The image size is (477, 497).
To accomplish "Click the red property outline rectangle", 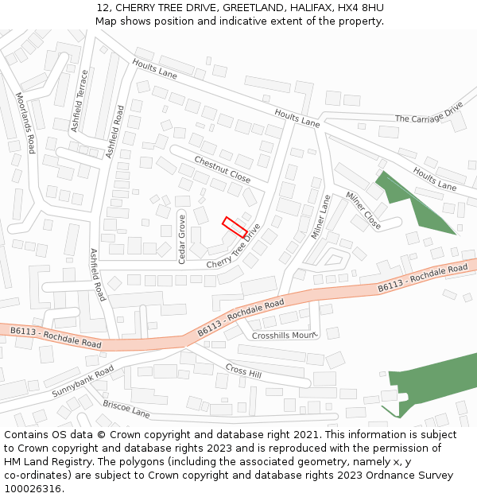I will point(235,227).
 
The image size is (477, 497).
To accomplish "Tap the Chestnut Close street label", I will point(223,169).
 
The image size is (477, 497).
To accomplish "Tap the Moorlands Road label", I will point(25,122).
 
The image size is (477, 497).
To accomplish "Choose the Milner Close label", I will point(363,211).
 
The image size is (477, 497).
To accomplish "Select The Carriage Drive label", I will point(429,113).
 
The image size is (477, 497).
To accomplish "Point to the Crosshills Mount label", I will point(284,336).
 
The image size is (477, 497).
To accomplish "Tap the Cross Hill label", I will point(243,370).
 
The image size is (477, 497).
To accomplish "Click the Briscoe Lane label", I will point(126,409).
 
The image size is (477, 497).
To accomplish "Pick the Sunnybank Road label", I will point(83,382).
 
